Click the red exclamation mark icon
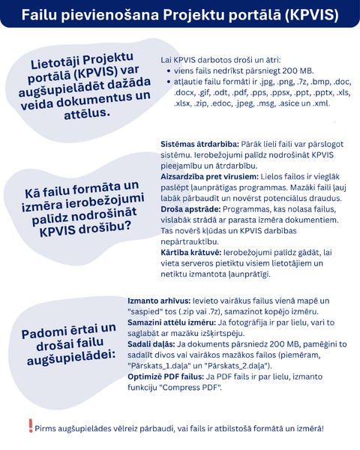tap(31, 426)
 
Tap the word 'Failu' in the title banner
tap(39, 15)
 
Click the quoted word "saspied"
tap(149, 311)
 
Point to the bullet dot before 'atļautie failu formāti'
tap(168, 82)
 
